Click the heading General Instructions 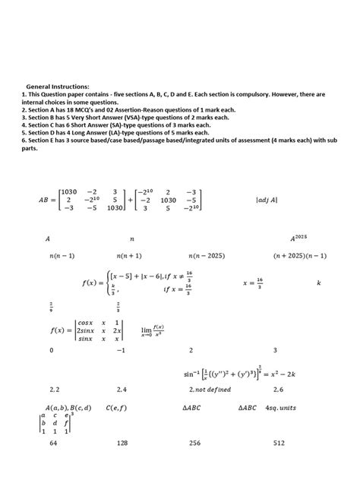(57, 87)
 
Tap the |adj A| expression (267, 201)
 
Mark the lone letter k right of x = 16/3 (319, 283)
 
